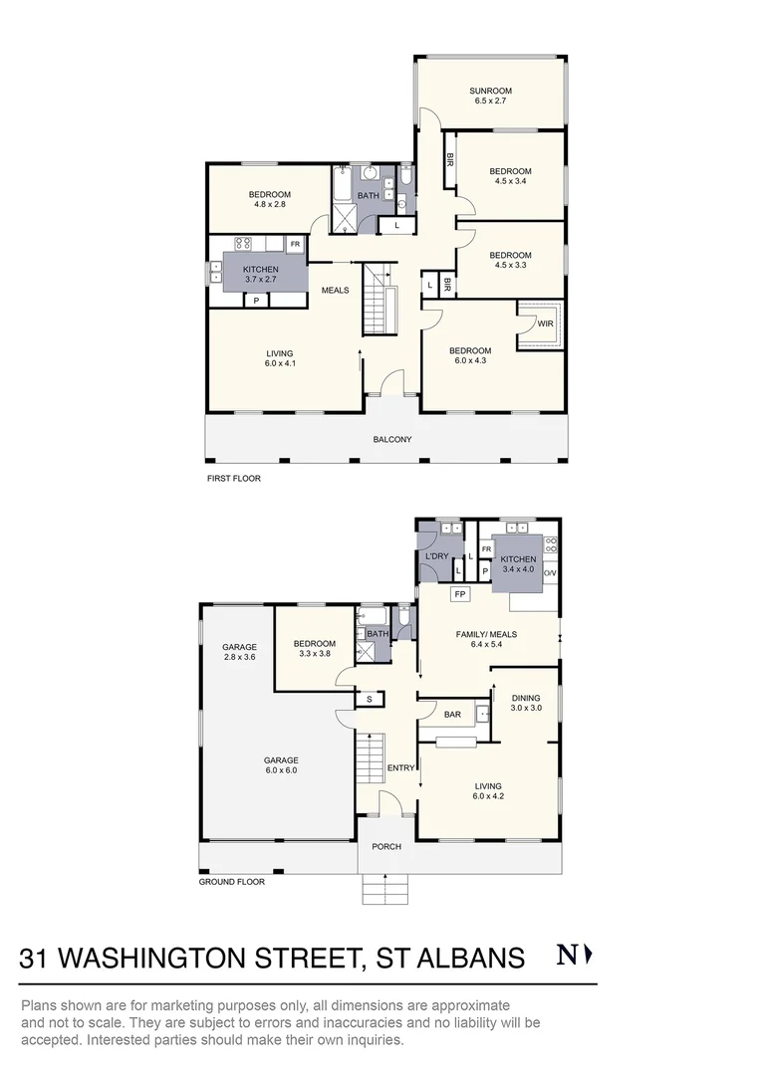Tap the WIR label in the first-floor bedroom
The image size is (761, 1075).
pos(545,323)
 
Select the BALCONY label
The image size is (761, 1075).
pos(391,439)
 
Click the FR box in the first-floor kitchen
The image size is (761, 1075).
pos(295,243)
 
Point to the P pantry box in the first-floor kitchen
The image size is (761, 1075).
pos(256,300)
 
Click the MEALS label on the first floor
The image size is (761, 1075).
pos(335,290)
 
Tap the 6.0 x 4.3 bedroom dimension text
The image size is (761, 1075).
pos(469,362)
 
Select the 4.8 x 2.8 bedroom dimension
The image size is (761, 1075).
pos(269,204)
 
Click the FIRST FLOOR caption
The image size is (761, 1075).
pos(233,479)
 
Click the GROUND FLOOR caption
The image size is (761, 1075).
pos(232,881)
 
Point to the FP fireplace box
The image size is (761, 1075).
pos(459,594)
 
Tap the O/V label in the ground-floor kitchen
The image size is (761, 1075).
pos(550,572)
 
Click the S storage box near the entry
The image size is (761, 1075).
pos(370,699)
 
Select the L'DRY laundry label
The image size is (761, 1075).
pos(439,554)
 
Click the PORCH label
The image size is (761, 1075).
pos(386,846)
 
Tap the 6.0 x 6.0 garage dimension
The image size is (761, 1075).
pos(282,769)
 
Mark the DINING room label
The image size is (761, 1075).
pos(526,698)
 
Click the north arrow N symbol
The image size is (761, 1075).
pos(574,956)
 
